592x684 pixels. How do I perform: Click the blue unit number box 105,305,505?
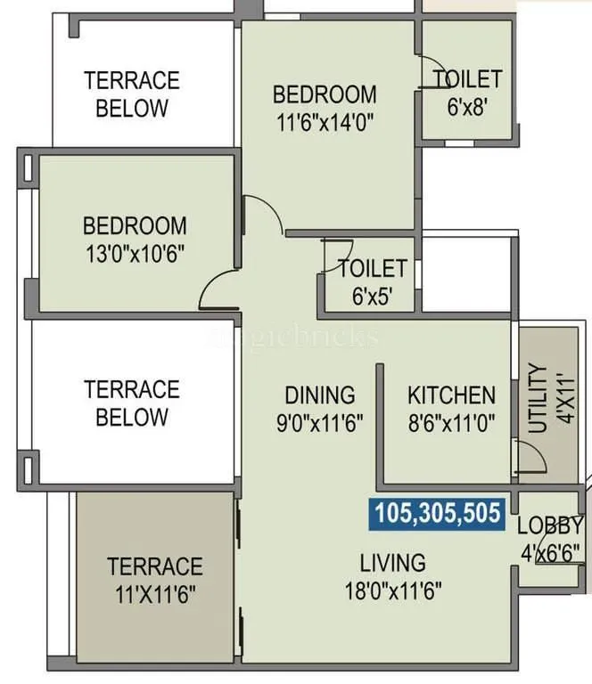coord(438,513)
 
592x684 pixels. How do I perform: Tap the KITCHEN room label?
coord(451,395)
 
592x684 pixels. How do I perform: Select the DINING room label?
coord(319,395)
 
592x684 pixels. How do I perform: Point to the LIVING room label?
coord(392,563)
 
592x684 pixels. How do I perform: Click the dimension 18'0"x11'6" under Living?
coord(392,589)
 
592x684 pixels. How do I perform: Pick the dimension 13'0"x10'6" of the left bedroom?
coord(135,252)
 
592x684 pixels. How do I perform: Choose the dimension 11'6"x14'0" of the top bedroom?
coord(325,121)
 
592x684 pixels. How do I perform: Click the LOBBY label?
coord(550,525)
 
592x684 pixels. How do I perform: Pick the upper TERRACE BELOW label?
coord(131,94)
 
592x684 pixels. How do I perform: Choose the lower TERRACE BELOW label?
coord(131,403)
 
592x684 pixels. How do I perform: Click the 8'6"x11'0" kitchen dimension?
coord(451,421)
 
